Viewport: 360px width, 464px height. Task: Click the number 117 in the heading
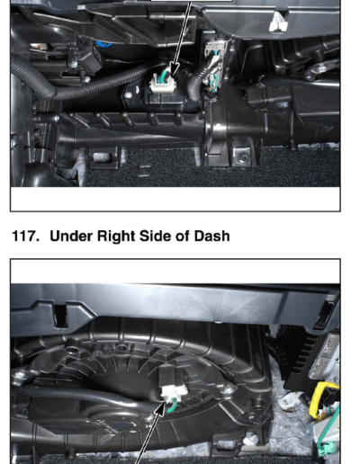click(x=25, y=236)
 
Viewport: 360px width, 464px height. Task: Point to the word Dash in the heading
click(x=211, y=236)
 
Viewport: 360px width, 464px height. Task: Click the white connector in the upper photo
click(x=164, y=84)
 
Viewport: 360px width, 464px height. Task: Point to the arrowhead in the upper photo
click(x=174, y=68)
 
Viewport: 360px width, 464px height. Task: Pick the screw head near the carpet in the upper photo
click(x=244, y=156)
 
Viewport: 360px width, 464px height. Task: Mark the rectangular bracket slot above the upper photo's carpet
click(x=102, y=156)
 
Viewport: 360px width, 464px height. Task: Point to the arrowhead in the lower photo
click(x=160, y=408)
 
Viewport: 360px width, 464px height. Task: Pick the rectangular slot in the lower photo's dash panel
click(x=61, y=317)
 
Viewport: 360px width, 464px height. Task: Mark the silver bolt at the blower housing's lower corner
click(x=250, y=439)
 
